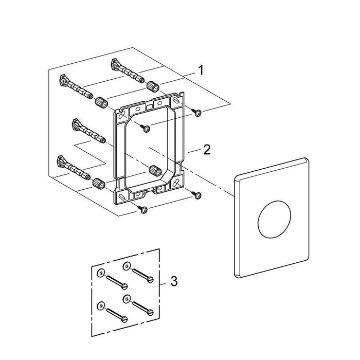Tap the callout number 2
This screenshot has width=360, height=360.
[207, 150]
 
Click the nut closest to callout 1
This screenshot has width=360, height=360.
[152, 86]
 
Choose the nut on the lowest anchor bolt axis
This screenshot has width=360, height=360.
[97, 182]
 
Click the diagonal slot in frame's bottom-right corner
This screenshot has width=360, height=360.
[179, 181]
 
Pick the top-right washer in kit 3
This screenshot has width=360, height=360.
[125, 266]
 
